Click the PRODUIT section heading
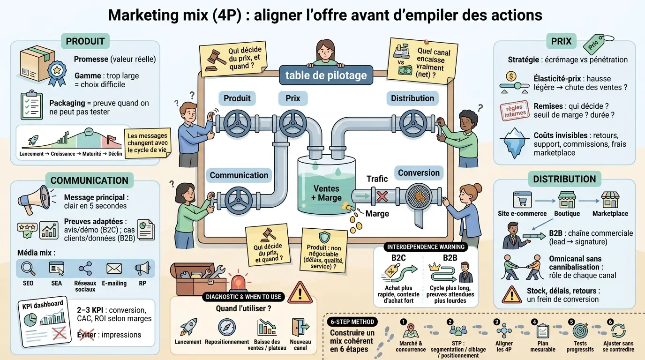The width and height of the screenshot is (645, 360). click(x=85, y=41)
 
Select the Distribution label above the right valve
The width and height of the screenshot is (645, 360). click(x=412, y=98)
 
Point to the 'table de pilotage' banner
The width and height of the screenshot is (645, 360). click(x=326, y=75)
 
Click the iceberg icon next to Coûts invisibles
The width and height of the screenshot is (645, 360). click(x=515, y=142)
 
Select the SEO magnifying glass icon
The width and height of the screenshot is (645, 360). click(x=28, y=269)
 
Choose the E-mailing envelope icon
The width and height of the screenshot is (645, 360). click(x=114, y=269)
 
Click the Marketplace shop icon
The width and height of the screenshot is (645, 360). click(x=610, y=200)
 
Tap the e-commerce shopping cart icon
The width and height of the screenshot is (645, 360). click(x=522, y=201)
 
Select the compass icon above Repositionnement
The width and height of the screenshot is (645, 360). click(x=227, y=327)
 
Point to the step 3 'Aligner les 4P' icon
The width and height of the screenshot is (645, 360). click(x=504, y=331)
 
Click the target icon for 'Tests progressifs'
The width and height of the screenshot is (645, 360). click(x=580, y=331)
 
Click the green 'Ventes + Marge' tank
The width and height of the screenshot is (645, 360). click(x=326, y=190)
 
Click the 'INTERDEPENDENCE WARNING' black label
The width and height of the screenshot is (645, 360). click(x=426, y=247)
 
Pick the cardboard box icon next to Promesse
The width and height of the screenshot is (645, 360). click(x=34, y=63)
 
